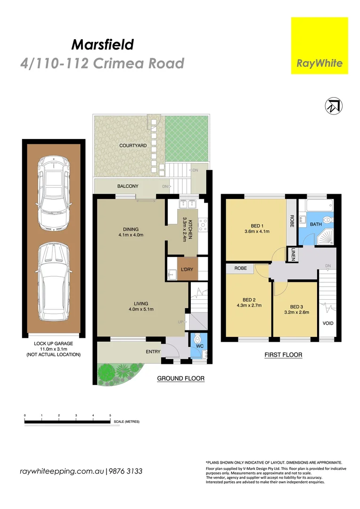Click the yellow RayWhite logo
319,45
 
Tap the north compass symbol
334,107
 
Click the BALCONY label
128,186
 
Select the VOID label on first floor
327,323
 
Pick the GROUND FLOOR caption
180,378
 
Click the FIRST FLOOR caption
283,354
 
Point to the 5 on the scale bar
110,415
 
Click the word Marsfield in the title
102,45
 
